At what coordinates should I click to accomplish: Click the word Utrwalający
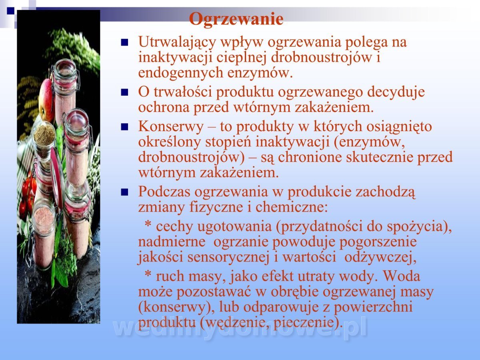coord(177,42)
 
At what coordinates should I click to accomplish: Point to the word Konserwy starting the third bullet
coord(171,127)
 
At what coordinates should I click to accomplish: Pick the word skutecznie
coord(379,157)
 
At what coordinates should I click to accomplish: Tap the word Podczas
coord(164,192)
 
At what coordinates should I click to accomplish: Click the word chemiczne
coord(291,207)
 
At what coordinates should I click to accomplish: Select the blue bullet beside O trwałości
coord(124,92)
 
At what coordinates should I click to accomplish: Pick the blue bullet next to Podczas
coord(124,192)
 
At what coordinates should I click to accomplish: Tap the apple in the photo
coord(46,100)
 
